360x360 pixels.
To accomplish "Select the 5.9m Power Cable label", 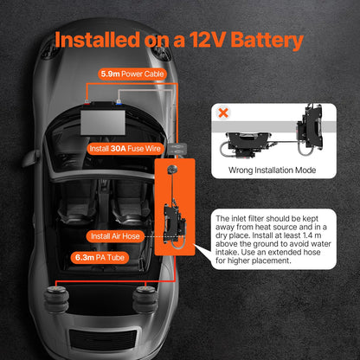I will point(132,75).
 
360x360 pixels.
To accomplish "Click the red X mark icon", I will point(225,113).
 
